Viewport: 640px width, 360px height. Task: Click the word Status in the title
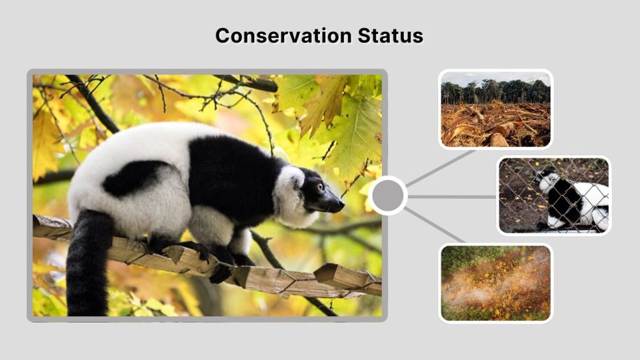(x=391, y=35)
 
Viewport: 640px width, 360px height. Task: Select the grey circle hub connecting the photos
(x=388, y=196)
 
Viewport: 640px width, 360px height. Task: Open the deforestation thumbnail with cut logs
(x=495, y=109)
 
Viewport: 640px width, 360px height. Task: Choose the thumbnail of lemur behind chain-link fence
(x=554, y=195)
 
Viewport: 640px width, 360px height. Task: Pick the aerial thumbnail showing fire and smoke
(x=495, y=283)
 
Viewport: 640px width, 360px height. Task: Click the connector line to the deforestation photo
(x=441, y=167)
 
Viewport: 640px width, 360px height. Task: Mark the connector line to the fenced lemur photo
(x=451, y=196)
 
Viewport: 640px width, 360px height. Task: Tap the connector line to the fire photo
(x=434, y=226)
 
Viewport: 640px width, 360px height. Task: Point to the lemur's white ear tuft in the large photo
(x=294, y=178)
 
